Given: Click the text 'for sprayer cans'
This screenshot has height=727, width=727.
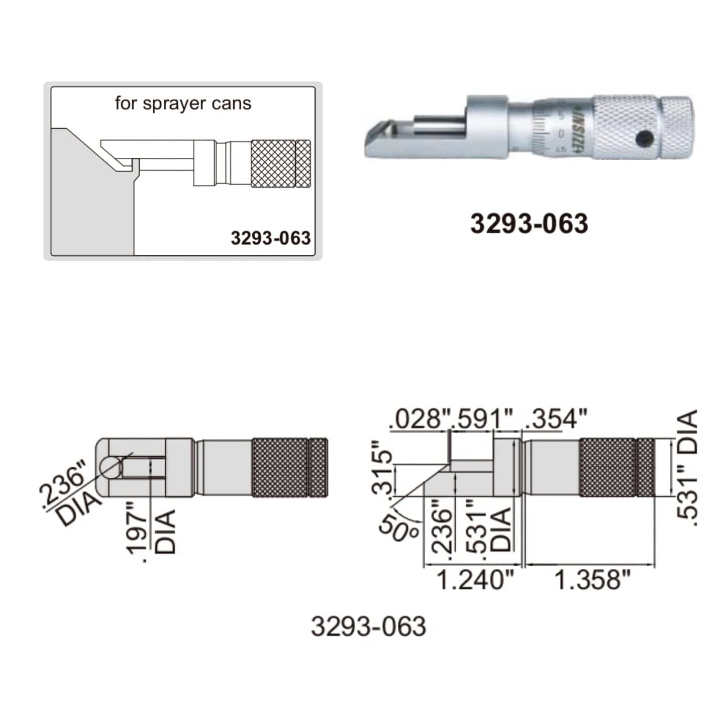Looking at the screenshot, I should point(183,103).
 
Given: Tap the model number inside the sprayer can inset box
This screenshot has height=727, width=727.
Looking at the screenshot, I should point(270,238).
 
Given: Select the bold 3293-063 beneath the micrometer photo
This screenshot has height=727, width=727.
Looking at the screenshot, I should point(529,224).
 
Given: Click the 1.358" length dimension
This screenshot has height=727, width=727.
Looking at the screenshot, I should point(592,580).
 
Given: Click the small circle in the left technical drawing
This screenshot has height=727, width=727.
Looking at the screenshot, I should point(111,467).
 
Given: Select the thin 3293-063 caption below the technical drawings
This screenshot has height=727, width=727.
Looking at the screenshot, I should point(368,627).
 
